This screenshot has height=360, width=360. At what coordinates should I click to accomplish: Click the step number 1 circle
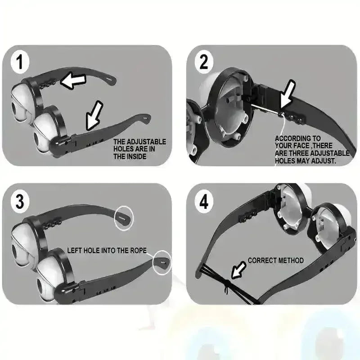(20, 62)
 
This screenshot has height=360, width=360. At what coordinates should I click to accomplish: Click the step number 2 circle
(204, 62)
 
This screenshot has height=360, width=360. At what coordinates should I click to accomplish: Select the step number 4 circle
(204, 202)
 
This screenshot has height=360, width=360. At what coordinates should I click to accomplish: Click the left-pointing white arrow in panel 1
(73, 81)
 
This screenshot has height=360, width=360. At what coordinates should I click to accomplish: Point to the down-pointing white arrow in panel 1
(94, 116)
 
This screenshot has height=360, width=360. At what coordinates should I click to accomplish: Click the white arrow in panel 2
(288, 94)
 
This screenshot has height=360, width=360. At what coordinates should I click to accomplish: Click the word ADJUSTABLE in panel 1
(146, 142)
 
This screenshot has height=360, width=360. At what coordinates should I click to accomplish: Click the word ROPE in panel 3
(138, 250)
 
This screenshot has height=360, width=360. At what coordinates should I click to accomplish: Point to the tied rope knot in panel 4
(226, 285)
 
